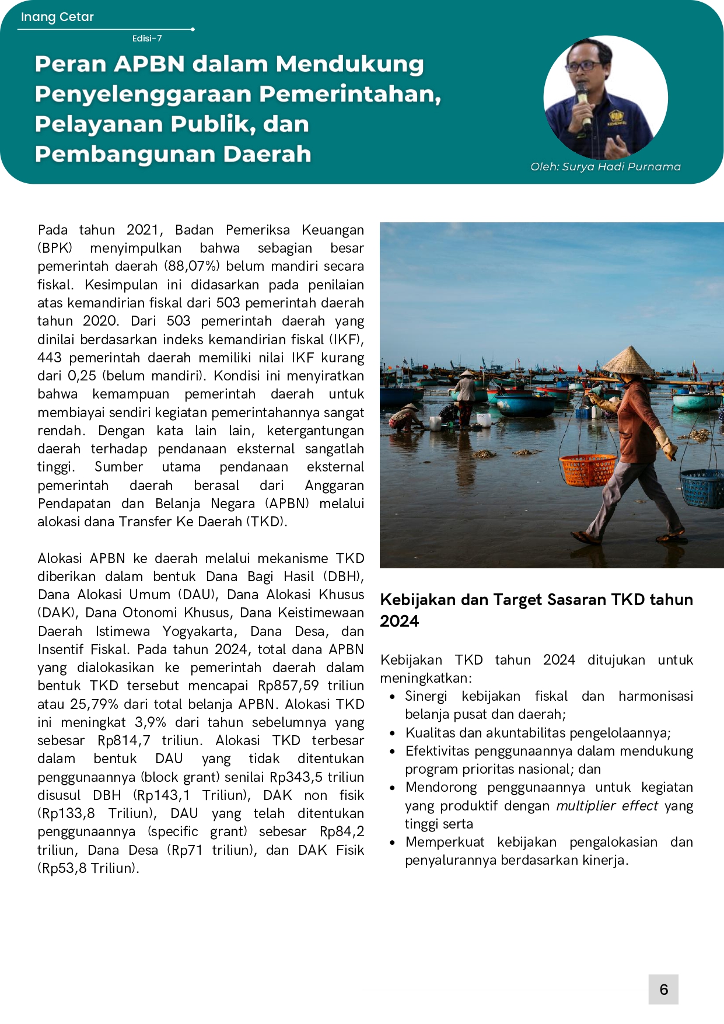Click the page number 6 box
[x=663, y=989]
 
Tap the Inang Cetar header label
[x=57, y=17]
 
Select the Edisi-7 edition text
[x=147, y=39]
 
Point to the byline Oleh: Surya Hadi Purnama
[x=606, y=167]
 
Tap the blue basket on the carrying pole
[x=703, y=487]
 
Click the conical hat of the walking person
[x=628, y=360]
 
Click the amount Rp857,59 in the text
[x=288, y=686]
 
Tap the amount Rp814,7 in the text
[x=124, y=740]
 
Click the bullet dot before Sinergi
[x=393, y=697]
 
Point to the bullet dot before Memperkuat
[x=393, y=843]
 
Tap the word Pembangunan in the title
[x=124, y=154]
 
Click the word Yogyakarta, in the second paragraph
[x=199, y=631]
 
